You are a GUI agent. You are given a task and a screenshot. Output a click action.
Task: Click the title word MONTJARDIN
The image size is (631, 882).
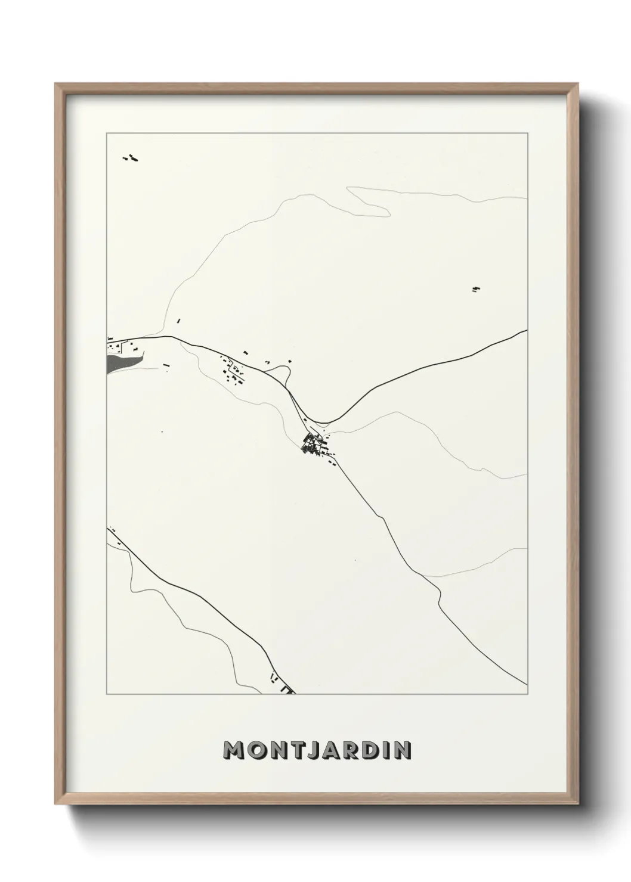click(317, 750)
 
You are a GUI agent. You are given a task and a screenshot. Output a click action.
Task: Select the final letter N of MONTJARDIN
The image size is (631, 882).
click(402, 750)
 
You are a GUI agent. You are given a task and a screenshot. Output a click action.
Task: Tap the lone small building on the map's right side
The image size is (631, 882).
click(475, 290)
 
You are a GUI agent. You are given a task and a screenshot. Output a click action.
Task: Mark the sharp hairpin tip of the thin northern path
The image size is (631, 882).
click(349, 190)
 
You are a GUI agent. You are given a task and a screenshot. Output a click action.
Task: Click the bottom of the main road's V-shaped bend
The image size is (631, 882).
click(323, 421)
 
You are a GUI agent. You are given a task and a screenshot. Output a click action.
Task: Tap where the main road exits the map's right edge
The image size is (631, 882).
click(526, 331)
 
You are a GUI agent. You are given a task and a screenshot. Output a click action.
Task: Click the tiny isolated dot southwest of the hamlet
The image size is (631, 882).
click(161, 431)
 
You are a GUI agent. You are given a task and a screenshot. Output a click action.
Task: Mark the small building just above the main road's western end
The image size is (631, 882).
click(178, 321)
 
